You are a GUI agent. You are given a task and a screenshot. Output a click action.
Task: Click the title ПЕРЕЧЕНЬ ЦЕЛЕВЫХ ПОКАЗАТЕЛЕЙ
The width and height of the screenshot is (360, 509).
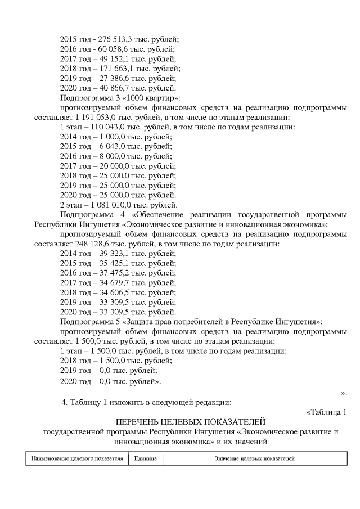(x=190, y=422)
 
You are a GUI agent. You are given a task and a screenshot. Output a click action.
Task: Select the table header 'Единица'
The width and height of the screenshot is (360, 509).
(x=145, y=458)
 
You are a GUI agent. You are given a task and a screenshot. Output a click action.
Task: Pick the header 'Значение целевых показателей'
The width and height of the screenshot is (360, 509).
(x=254, y=458)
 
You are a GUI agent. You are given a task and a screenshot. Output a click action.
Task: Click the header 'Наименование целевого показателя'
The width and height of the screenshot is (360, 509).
(x=77, y=458)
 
